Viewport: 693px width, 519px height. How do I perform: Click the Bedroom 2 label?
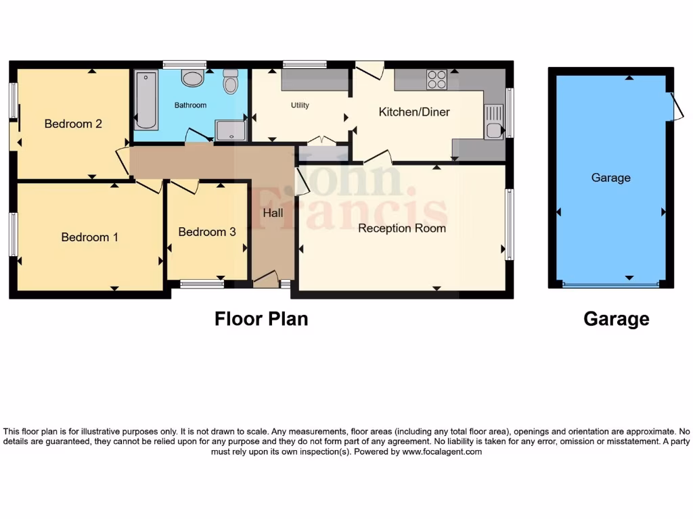tap(73, 124)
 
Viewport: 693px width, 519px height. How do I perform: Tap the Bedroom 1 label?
tap(89, 237)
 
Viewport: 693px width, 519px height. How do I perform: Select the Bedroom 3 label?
tap(206, 232)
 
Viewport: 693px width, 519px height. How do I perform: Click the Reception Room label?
tap(402, 228)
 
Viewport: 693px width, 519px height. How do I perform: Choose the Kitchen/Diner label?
tap(413, 112)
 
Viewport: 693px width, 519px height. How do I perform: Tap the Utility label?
tap(300, 105)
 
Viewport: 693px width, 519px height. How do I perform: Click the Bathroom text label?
tap(190, 105)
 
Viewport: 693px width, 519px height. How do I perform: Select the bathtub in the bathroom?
tap(146, 101)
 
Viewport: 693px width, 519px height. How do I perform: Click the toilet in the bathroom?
tap(231, 82)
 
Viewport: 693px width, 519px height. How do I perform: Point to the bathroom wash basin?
tap(193, 78)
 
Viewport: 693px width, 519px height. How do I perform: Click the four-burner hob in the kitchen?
tap(437, 80)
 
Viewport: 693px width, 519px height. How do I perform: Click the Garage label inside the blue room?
tap(610, 178)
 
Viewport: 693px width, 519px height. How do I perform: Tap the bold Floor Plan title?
tap(261, 318)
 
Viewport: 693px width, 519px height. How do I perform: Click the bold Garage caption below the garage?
tap(616, 319)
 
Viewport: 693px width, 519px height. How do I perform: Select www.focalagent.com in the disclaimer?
tap(441, 451)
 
